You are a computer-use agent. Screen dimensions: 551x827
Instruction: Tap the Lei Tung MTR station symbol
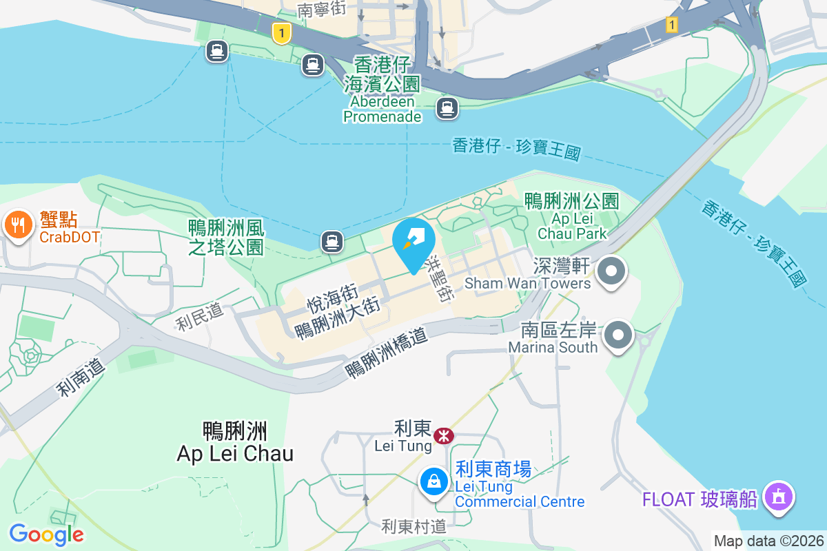(443, 435)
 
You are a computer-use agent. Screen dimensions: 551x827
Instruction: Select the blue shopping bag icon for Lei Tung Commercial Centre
(434, 481)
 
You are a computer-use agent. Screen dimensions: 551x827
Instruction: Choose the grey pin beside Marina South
(618, 335)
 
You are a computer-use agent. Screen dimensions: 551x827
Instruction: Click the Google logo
(46, 534)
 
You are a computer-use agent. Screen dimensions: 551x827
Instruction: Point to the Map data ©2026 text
(768, 541)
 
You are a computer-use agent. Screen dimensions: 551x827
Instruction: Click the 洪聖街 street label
(440, 279)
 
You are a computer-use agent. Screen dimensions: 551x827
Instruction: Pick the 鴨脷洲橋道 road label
(387, 352)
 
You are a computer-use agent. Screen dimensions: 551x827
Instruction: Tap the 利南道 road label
(81, 377)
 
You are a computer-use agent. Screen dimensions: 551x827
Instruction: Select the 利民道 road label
(199, 316)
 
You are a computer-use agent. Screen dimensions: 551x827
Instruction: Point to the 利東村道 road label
(414, 527)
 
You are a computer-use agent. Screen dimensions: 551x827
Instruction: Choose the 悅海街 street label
(331, 300)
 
